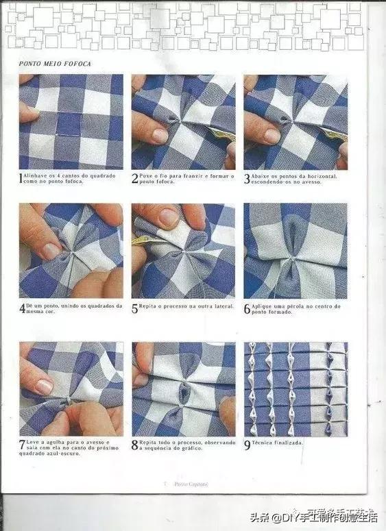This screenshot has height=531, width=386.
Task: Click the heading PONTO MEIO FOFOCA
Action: point(56,64)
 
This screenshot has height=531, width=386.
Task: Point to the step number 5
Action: point(134,308)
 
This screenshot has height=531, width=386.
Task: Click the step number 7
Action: point(22,446)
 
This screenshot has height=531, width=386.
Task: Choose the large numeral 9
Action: point(248,444)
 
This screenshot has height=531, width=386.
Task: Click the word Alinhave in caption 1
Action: point(36,175)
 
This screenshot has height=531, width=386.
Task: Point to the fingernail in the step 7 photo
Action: point(43,386)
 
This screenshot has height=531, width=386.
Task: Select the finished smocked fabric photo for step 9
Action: point(295,388)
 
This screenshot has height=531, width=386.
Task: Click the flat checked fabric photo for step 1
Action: point(71,121)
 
